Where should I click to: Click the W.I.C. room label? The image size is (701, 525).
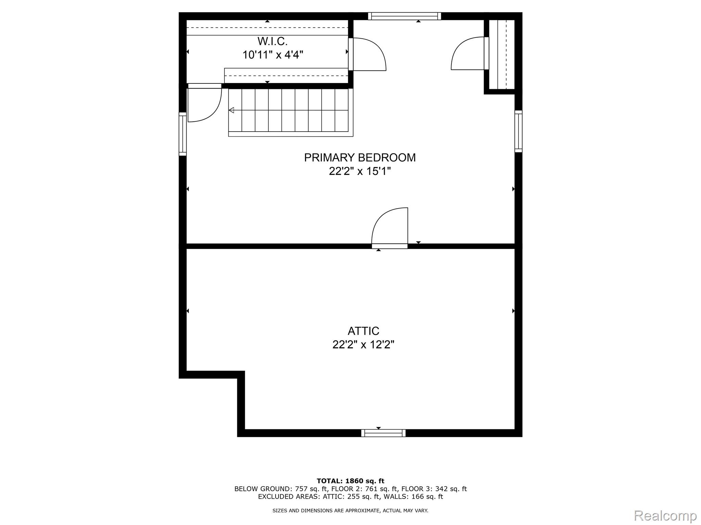pyautogui.click(x=272, y=41)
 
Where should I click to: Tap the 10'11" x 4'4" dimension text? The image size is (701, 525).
pyautogui.click(x=273, y=55)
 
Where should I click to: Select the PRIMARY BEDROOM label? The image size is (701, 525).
pyautogui.click(x=360, y=158)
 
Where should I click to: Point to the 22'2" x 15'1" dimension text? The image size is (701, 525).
pyautogui.click(x=360, y=171)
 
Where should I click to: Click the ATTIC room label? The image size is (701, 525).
pyautogui.click(x=364, y=331)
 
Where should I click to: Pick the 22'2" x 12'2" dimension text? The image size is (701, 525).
pyautogui.click(x=364, y=345)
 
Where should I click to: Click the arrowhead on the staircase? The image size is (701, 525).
pyautogui.click(x=231, y=110)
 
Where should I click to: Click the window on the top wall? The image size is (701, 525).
pyautogui.click(x=405, y=16)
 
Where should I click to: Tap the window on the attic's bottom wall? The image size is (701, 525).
pyautogui.click(x=383, y=433)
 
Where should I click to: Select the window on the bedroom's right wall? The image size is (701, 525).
pyautogui.click(x=519, y=131)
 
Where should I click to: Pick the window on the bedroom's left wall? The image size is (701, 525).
pyautogui.click(x=183, y=134)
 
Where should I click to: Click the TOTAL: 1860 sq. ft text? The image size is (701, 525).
pyautogui.click(x=350, y=481)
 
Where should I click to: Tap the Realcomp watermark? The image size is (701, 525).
pyautogui.click(x=665, y=515)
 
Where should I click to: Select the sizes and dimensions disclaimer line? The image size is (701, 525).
pyautogui.click(x=350, y=511)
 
